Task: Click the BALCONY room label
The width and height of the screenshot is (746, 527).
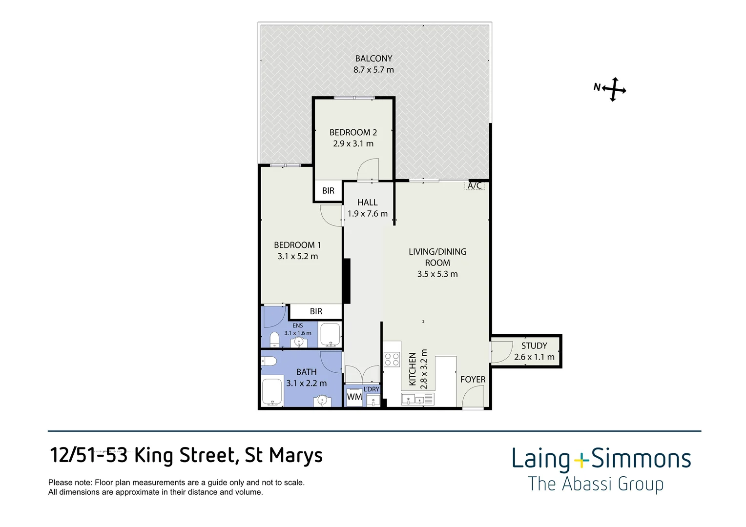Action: pos(373,59)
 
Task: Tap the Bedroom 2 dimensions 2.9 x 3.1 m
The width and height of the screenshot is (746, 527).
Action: pos(353,144)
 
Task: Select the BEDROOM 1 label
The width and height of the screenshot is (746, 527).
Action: pos(297,245)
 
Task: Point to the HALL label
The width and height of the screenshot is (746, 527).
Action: pos(367,203)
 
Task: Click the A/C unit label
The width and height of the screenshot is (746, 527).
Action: pos(475,185)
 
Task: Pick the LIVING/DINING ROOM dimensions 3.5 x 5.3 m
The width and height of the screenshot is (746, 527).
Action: pos(437,274)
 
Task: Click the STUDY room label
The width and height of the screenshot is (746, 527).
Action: pos(534,345)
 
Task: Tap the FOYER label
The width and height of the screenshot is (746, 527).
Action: pos(473,379)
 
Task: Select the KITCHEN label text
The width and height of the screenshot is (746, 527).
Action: pos(412,369)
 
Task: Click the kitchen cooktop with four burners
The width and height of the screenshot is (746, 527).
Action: pos(392,359)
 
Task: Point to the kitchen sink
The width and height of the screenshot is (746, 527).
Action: pos(417,399)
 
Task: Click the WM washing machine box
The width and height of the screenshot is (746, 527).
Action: pos(354,397)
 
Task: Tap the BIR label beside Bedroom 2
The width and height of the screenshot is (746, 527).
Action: pos(328,191)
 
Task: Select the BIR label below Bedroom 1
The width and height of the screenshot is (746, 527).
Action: pos(316,311)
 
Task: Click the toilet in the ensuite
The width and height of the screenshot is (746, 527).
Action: pos(274,339)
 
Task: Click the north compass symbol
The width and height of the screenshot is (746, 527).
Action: pos(611,89)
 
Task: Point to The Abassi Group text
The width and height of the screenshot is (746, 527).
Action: pos(596,485)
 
